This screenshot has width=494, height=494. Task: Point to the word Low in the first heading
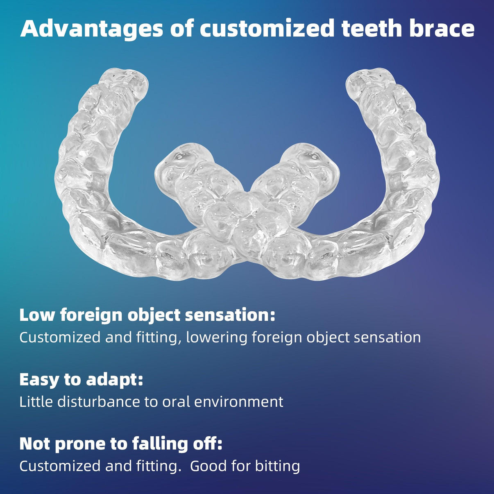(36, 315)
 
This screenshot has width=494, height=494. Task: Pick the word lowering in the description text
(217, 338)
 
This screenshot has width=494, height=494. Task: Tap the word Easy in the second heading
(38, 379)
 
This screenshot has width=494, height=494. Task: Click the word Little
(36, 401)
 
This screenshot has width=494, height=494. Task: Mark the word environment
(239, 401)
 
